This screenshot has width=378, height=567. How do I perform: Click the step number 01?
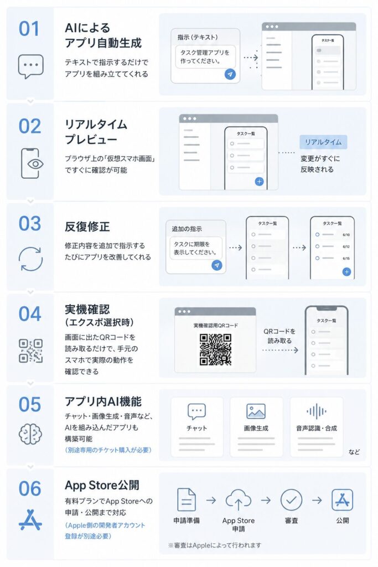coord(29,29)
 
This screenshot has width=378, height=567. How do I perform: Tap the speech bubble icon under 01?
coord(31,66)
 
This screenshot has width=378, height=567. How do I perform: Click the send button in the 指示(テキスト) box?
coord(230,74)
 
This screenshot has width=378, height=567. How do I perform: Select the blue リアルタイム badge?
coord(323,142)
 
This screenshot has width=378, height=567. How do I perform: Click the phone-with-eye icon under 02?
coord(32,163)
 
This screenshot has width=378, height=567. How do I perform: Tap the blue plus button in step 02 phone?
coord(259,182)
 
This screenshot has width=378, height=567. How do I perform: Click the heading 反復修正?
coord(87,226)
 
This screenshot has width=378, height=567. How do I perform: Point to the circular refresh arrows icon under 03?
coord(31,259)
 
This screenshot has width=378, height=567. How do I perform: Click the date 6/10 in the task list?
coord(346,235)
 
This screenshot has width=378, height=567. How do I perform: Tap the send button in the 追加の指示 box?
coord(217,265)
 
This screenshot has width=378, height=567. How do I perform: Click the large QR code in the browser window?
coord(215,349)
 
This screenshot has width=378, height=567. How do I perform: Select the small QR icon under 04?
coord(31,350)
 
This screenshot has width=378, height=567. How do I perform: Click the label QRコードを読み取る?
coord(279,336)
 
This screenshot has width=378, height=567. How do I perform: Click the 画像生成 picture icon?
coord(256,411)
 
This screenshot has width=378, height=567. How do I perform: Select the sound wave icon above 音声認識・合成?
coord(316,411)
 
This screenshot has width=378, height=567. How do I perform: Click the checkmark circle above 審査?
coord(291,500)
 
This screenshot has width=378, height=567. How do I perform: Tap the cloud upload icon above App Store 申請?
coord(238,500)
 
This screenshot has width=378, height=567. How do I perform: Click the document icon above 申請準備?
coord(187,500)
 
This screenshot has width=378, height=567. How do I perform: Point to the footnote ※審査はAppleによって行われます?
coord(215,545)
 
